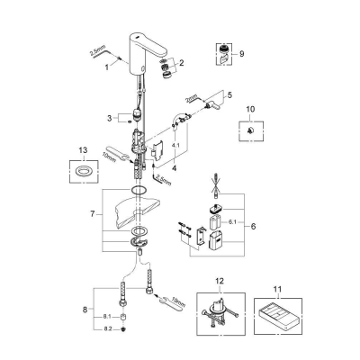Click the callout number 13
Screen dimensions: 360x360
84,150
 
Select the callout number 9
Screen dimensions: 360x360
242,54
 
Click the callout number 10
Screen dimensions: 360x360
251,109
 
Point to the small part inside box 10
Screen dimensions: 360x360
249,130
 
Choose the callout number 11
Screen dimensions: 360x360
278,289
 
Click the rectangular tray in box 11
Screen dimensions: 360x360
277,317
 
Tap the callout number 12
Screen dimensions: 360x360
220,282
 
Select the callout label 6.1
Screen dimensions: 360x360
232,222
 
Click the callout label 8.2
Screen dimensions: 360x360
107,329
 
